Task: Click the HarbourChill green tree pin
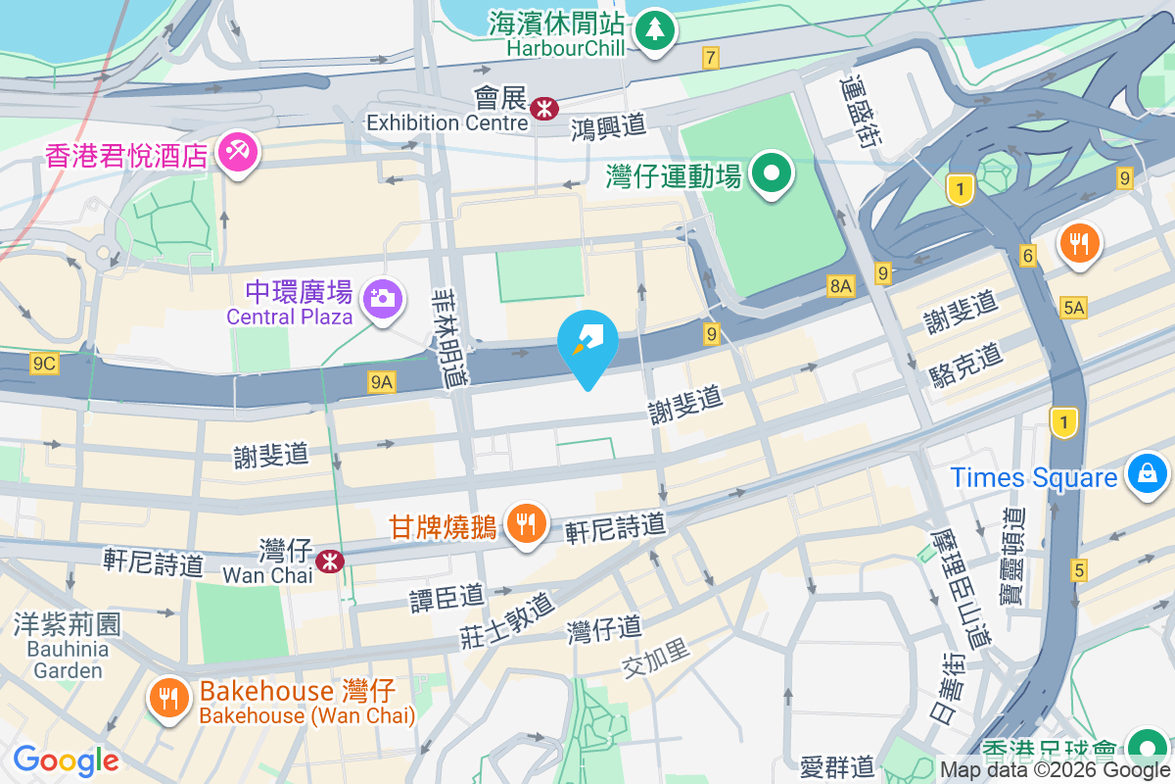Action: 653,29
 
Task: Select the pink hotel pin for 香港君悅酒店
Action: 236,153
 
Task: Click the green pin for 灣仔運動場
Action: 772,174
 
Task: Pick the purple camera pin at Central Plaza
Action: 381,297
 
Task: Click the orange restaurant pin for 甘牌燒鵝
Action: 527,523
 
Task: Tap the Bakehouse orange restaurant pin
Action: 169,698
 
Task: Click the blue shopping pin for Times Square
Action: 1145,474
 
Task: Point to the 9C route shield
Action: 45,364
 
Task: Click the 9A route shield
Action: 382,382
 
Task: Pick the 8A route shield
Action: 840,286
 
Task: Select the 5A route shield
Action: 1073,308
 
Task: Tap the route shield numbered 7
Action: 711,58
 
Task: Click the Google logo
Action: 66,760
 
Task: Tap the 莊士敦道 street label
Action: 506,620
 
